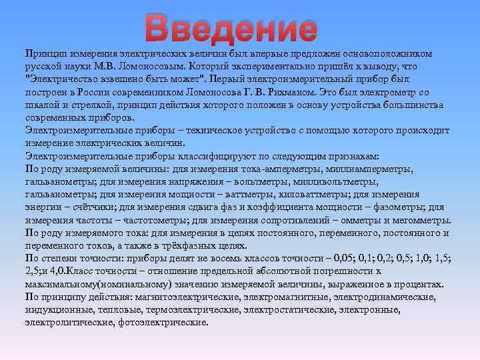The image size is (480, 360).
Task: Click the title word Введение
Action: coord(231,28)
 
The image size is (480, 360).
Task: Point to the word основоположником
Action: coord(387,53)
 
